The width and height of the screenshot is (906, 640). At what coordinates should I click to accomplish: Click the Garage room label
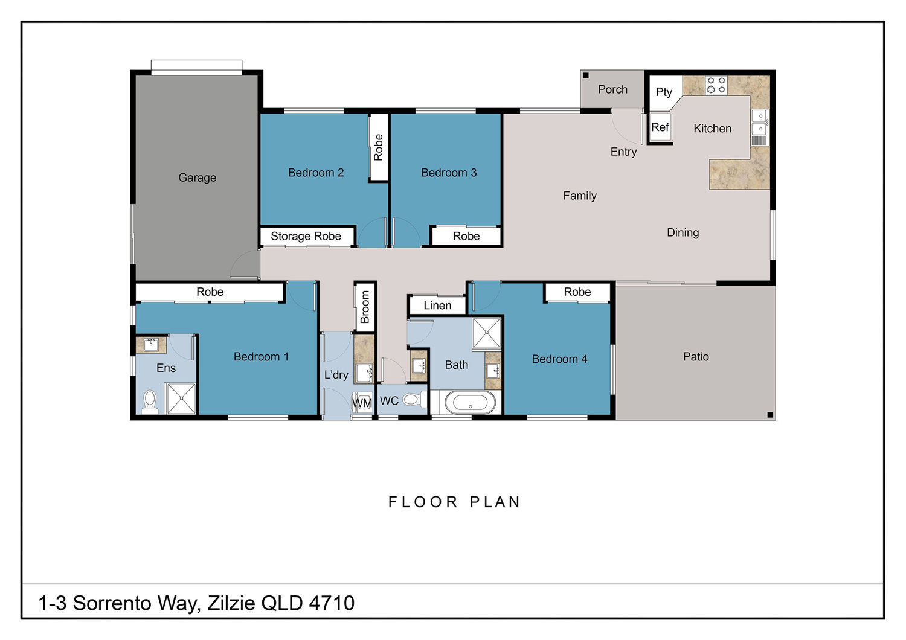coord(197,178)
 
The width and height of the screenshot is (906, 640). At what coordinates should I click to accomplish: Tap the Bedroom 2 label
coord(315,173)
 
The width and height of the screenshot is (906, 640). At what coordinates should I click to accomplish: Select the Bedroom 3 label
coord(449,173)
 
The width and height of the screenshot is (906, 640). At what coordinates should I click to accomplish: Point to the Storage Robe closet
coord(307,236)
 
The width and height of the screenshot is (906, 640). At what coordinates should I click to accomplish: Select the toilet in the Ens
coord(150,402)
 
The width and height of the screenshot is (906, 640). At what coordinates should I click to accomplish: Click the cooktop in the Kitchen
coord(716,85)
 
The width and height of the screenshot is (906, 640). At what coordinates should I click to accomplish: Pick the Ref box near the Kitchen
coord(660,127)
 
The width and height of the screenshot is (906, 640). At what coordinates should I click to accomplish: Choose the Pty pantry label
coord(664,92)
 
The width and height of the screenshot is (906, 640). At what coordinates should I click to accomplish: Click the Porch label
coord(613,89)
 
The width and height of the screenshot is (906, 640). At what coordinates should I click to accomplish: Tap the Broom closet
coord(365,307)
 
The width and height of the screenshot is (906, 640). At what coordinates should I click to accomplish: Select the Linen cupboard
coord(437,306)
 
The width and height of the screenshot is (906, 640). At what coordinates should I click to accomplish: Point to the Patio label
coord(696,357)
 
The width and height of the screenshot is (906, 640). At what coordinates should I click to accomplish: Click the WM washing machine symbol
coord(362,403)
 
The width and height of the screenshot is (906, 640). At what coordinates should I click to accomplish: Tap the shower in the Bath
coord(487,333)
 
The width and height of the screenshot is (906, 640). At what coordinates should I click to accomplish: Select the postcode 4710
coord(332,603)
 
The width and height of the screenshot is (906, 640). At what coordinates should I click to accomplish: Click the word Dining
coord(683,232)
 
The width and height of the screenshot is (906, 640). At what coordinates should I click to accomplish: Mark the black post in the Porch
coord(585,75)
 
